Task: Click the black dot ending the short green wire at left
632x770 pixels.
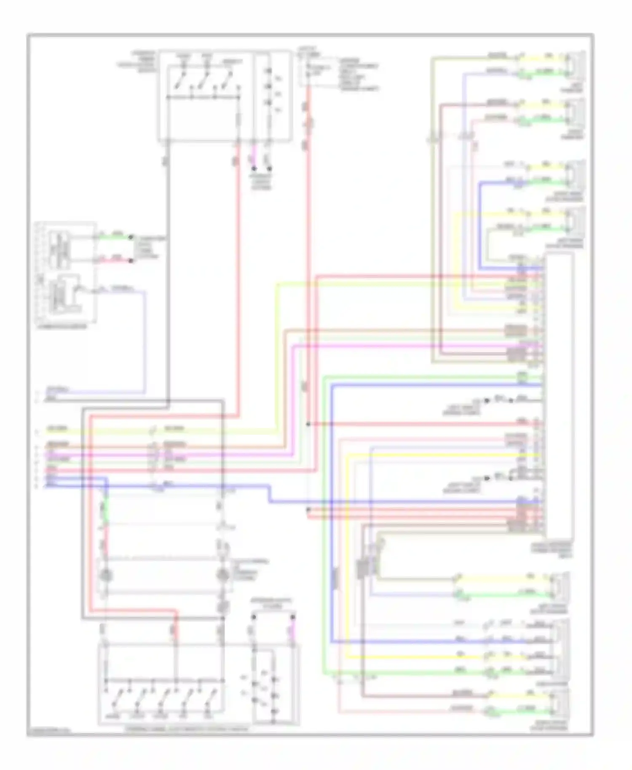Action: pos(131,238)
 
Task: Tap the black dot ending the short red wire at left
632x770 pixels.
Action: pos(131,261)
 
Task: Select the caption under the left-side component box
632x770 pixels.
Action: pos(62,326)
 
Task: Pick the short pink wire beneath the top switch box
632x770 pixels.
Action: pos(253,156)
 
